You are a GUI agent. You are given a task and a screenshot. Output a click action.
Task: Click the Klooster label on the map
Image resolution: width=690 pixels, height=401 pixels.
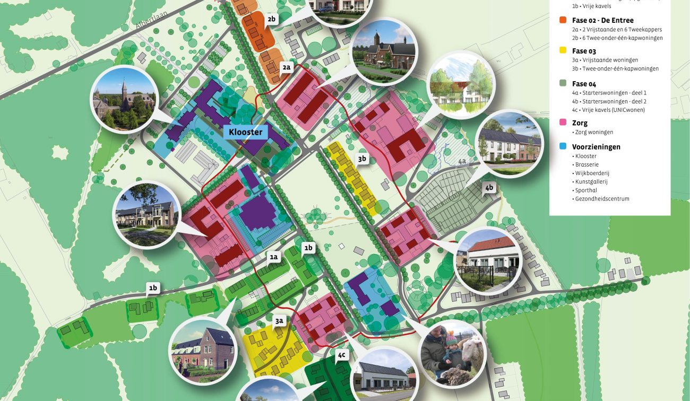point(245,132)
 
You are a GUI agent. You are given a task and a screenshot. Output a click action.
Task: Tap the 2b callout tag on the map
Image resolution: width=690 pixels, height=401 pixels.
point(272,19)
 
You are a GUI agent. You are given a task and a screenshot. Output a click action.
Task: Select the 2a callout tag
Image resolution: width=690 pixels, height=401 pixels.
point(287,67)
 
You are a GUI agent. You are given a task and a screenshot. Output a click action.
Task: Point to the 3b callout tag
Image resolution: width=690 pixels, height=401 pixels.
point(362,159)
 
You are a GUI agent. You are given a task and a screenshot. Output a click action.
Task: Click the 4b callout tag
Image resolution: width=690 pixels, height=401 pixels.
point(489,188)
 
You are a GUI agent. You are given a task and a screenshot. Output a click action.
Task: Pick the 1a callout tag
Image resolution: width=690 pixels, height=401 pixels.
point(274,257)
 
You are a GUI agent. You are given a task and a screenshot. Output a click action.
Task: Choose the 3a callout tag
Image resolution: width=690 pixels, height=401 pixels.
point(280,320)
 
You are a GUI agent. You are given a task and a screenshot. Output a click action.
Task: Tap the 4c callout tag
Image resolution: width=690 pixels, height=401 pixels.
point(341,354)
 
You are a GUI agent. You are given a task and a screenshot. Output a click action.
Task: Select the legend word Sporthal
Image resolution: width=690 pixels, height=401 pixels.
point(586,190)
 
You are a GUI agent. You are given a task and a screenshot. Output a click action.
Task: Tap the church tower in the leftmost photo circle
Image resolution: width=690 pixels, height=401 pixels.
point(125,90)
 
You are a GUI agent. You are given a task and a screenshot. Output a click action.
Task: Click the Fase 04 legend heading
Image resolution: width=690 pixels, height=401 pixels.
point(584,84)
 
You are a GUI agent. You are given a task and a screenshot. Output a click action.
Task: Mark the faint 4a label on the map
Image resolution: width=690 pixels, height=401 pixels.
point(462,161)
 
